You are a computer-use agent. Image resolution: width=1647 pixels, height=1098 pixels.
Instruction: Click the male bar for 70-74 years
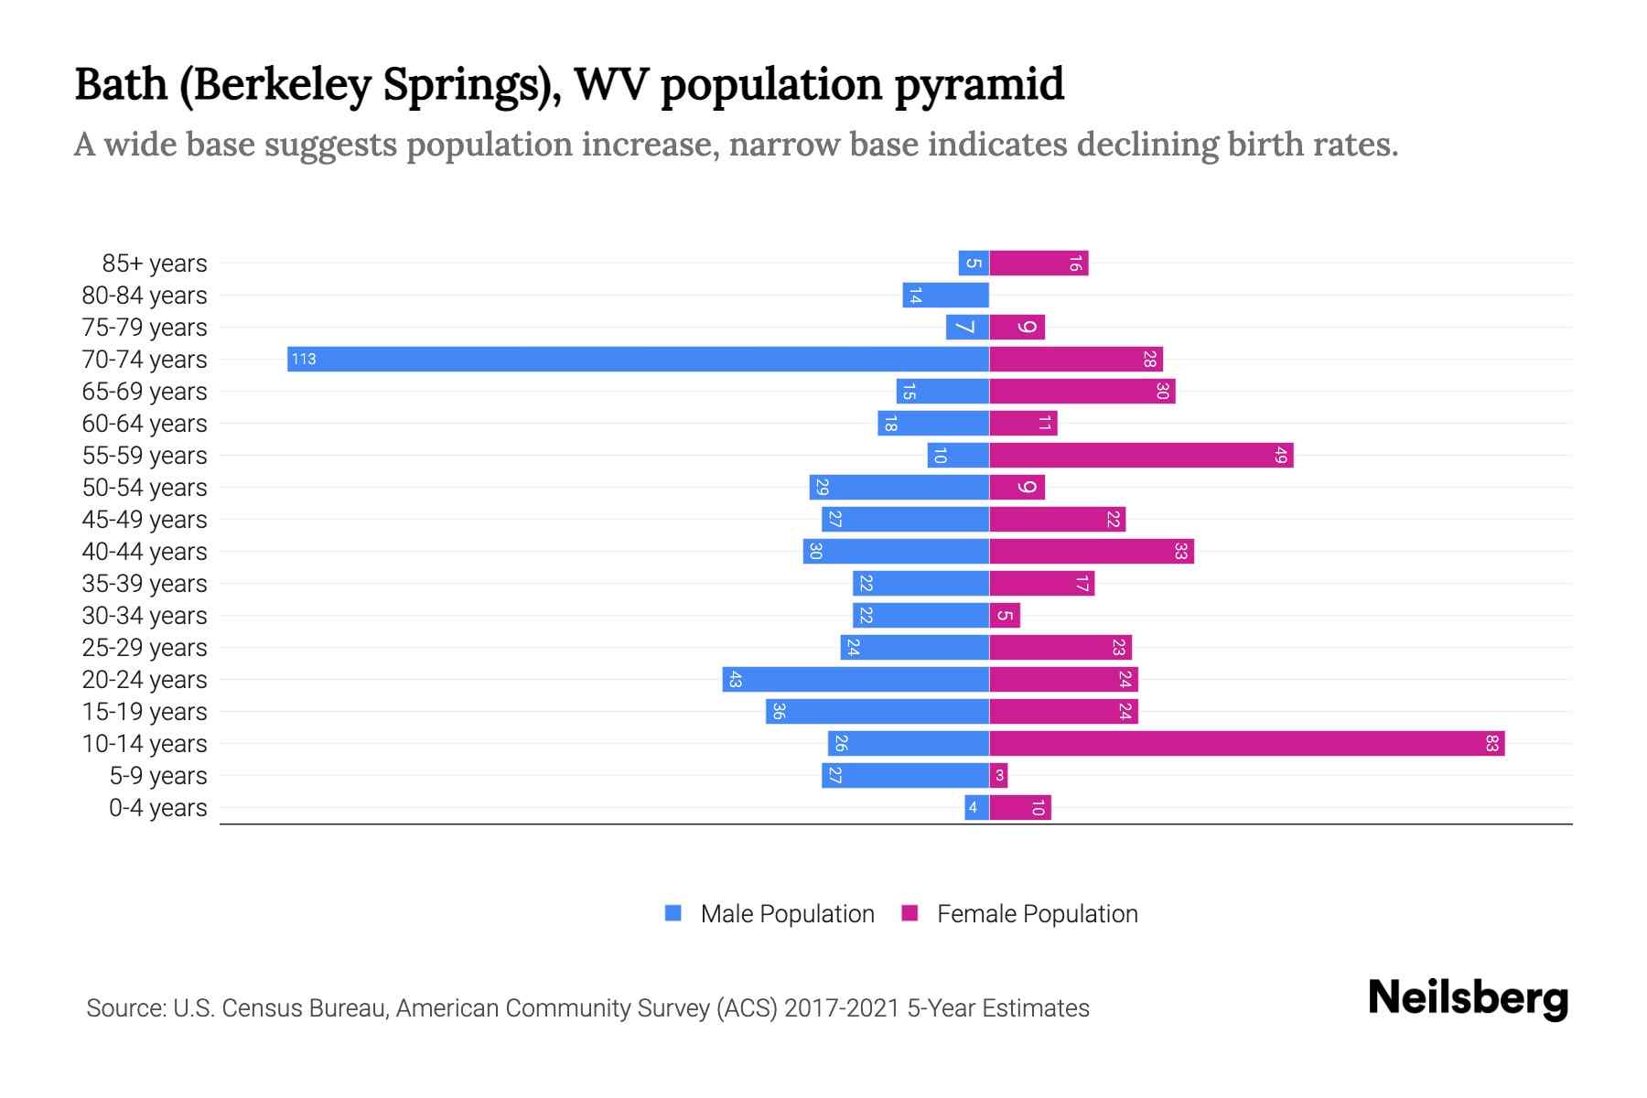(638, 359)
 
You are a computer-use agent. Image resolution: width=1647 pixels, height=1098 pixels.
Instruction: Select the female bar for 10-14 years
(1246, 743)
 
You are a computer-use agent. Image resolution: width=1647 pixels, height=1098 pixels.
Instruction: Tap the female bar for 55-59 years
(1141, 455)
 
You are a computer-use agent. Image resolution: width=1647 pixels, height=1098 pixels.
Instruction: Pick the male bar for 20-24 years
(856, 679)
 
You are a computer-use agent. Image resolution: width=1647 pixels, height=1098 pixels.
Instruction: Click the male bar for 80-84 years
(945, 295)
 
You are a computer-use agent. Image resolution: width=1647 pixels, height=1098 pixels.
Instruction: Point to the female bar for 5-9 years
(998, 775)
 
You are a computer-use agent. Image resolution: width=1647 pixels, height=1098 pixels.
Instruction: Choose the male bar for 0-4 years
(976, 807)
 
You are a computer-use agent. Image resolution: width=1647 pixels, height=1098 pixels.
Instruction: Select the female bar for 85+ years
(1039, 263)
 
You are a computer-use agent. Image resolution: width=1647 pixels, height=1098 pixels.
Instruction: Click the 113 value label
(304, 359)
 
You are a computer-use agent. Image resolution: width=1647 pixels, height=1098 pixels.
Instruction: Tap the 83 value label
(1491, 743)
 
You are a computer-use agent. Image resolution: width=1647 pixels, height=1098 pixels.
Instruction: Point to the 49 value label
(1281, 455)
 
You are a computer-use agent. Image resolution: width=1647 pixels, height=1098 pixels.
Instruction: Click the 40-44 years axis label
(145, 552)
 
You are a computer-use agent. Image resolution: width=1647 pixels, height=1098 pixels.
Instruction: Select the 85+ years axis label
(155, 264)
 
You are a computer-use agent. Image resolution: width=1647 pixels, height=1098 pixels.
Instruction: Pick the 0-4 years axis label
(158, 808)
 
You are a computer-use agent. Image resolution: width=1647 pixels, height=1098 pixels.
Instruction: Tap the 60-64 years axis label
(145, 424)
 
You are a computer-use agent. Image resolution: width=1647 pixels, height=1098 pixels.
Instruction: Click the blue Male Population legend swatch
(673, 913)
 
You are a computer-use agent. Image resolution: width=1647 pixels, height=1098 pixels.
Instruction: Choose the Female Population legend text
(1037, 913)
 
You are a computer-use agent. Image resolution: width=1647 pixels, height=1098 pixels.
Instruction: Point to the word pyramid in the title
(979, 84)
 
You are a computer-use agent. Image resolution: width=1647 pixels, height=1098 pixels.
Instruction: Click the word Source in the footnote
(125, 1008)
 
